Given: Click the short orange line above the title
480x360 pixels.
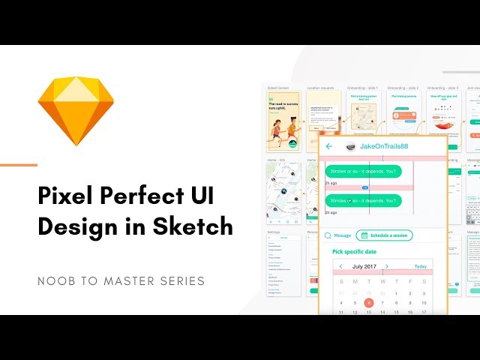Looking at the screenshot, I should tap(19, 164).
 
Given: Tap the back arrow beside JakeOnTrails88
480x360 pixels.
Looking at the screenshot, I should tap(328, 146).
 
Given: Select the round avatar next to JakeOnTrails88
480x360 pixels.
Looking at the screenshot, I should tap(349, 147).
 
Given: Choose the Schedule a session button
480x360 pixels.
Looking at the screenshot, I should tap(384, 235).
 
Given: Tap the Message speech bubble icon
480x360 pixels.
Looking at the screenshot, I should tap(328, 235).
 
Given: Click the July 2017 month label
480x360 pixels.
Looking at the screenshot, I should tap(364, 266).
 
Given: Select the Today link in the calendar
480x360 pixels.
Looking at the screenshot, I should tap(421, 266).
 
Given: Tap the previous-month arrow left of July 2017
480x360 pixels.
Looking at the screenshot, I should tap(341, 266).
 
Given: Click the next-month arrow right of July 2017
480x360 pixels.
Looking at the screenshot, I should tap(386, 266).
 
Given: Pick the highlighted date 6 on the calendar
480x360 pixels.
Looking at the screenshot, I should tap(369, 302).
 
